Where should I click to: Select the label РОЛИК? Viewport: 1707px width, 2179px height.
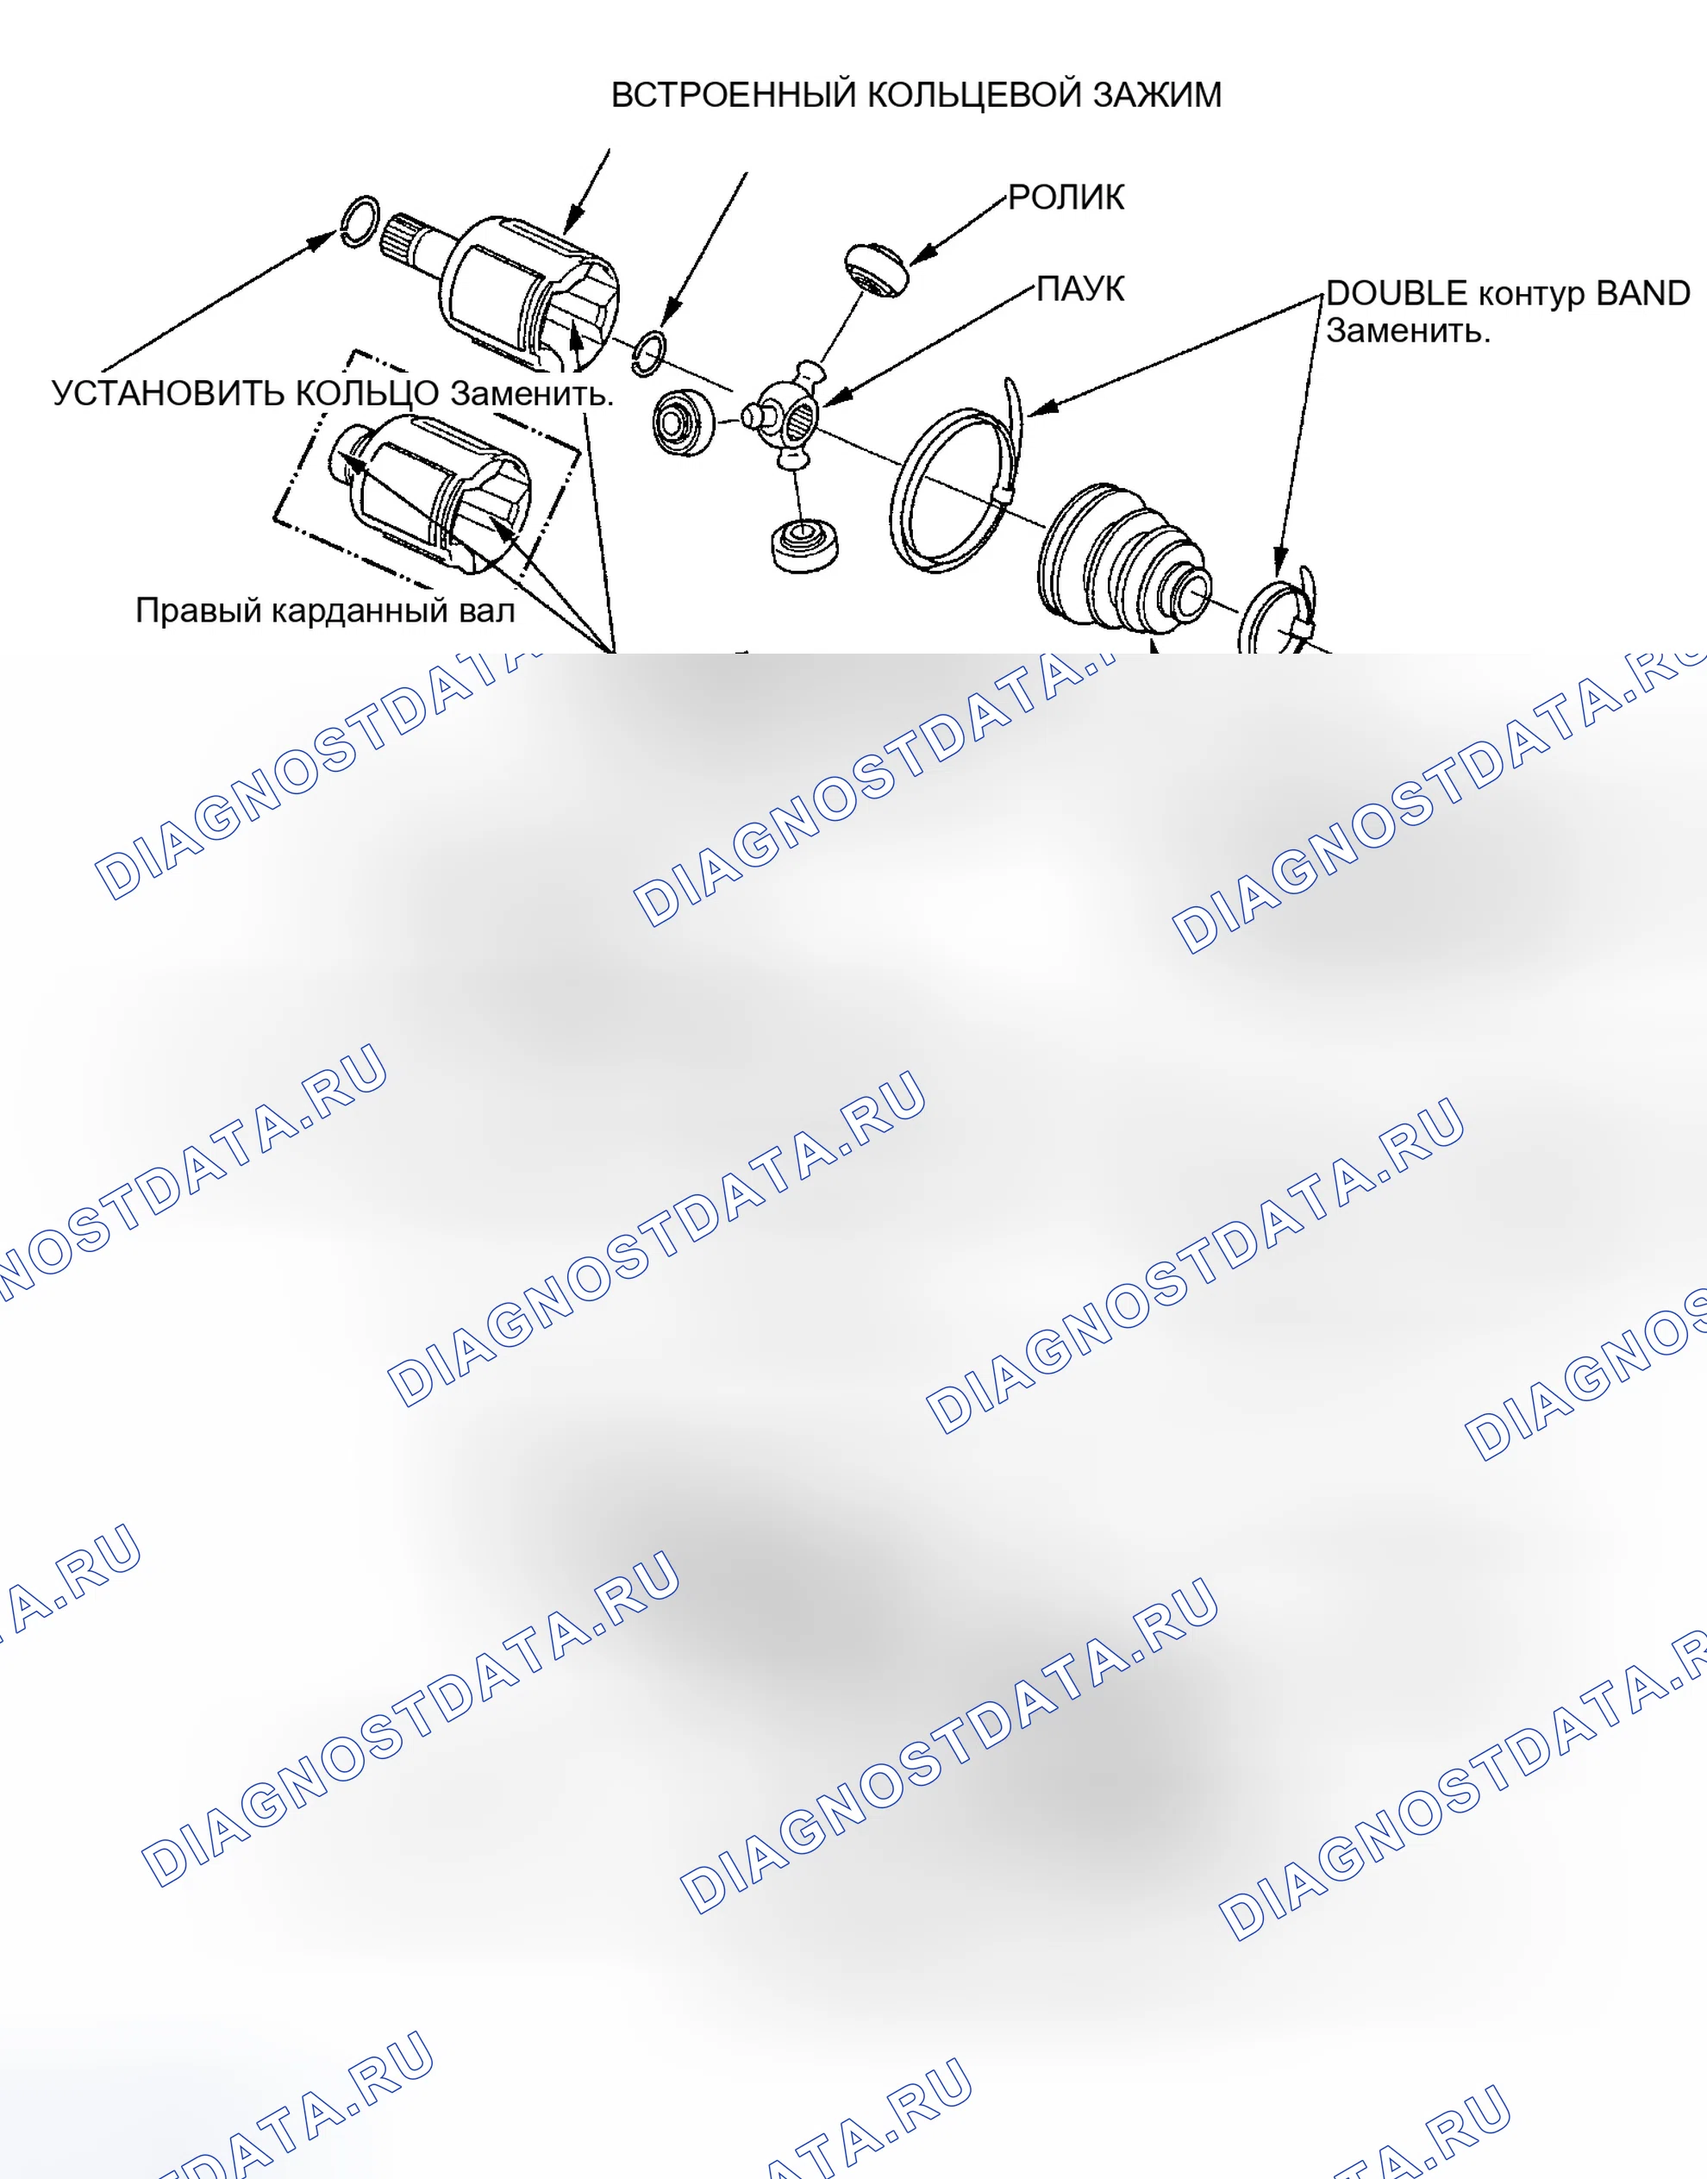pos(1066,198)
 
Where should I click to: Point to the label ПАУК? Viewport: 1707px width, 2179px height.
pos(1079,289)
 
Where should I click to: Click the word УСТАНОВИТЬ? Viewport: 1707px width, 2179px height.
pos(168,394)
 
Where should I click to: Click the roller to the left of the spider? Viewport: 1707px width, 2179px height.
pos(684,422)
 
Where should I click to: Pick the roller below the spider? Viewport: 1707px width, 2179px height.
pos(804,546)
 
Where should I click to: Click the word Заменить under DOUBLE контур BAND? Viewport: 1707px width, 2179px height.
pos(1408,331)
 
